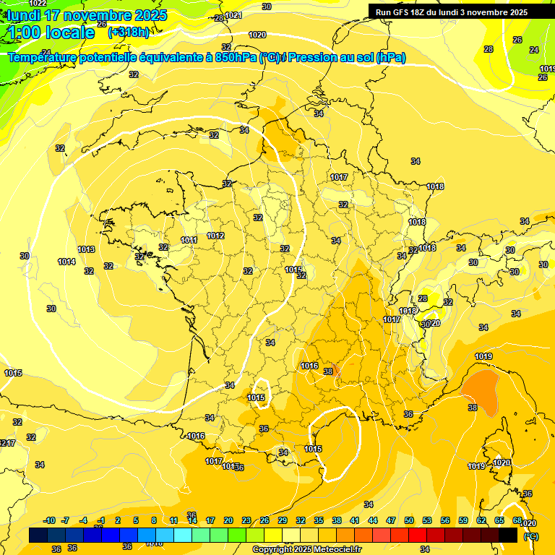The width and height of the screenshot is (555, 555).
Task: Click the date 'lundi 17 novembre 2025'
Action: (x=87, y=15)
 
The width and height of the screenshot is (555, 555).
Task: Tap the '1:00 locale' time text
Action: (x=52, y=33)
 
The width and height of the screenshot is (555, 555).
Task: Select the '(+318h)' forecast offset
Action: (x=129, y=33)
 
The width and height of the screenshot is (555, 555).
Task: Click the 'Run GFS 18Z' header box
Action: (x=452, y=12)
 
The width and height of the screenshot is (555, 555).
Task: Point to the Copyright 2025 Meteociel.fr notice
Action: (x=306, y=549)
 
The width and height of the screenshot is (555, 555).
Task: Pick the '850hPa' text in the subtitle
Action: (x=237, y=58)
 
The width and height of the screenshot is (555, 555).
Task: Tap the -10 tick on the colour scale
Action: (x=49, y=520)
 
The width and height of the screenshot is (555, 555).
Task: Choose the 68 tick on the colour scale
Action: (x=517, y=520)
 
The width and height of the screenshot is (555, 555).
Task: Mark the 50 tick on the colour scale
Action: (x=409, y=520)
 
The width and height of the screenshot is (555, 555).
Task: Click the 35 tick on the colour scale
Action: (x=319, y=520)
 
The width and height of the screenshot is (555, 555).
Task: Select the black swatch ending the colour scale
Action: (x=508, y=535)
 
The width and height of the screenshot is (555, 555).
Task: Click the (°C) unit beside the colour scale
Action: (x=531, y=536)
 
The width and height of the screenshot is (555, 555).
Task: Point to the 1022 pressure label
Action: (x=38, y=4)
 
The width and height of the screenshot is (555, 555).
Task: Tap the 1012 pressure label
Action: (x=215, y=236)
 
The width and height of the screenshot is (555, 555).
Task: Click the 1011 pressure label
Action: (x=189, y=240)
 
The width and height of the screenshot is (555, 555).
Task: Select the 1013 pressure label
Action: (x=86, y=249)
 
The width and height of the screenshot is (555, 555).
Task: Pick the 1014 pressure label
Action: (x=66, y=262)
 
